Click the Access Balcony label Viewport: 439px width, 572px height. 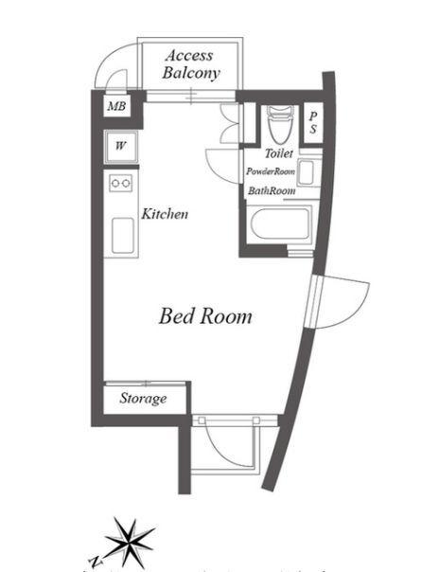(191, 63)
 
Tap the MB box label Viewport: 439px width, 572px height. (115, 106)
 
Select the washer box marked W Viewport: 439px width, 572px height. (121, 146)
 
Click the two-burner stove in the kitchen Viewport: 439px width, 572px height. (121, 184)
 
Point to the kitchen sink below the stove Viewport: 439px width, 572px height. (122, 234)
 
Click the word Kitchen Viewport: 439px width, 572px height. (165, 214)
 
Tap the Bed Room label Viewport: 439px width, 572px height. (205, 315)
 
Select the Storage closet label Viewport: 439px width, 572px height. (143, 399)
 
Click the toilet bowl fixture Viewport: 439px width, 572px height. (277, 123)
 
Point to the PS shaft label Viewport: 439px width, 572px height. (314, 122)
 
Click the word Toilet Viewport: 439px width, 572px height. (278, 152)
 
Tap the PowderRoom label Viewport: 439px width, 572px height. (271, 171)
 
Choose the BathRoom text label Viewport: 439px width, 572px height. (272, 190)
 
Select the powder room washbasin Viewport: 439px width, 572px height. (307, 170)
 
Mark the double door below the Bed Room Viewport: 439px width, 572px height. (227, 450)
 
